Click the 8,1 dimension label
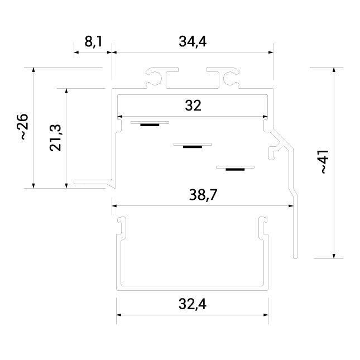[93, 41]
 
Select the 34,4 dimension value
[193, 41]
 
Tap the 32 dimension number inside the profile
[193, 105]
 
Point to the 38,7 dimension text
[203, 195]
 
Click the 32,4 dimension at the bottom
[193, 304]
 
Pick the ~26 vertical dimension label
[23, 127]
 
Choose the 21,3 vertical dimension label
[56, 138]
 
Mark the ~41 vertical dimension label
[324, 162]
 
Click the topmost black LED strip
[150, 125]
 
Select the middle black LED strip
[193, 147]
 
